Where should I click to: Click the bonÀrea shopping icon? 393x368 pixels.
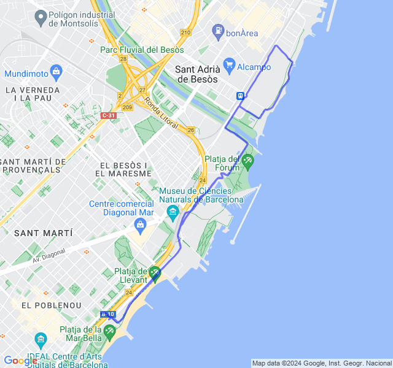point(217,30)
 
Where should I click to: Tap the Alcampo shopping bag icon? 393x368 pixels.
point(230,64)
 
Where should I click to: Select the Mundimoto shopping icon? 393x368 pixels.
point(56,71)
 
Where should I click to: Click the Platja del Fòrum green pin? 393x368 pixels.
point(247,162)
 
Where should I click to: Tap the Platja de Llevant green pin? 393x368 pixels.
point(154,274)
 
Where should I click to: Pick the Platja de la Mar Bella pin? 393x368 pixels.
point(109,332)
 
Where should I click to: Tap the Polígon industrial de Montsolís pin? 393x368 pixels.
point(41,18)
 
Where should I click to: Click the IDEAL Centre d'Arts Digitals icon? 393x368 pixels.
point(41,339)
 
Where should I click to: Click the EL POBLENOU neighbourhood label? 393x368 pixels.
point(47,305)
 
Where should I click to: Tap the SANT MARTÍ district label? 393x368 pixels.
point(43,233)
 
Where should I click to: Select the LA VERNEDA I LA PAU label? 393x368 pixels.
point(32,94)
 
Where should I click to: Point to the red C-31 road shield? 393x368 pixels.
point(108,115)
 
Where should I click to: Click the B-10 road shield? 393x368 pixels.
point(107,314)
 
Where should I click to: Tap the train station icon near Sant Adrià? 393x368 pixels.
point(239,96)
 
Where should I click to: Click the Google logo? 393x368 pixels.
point(20,361)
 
